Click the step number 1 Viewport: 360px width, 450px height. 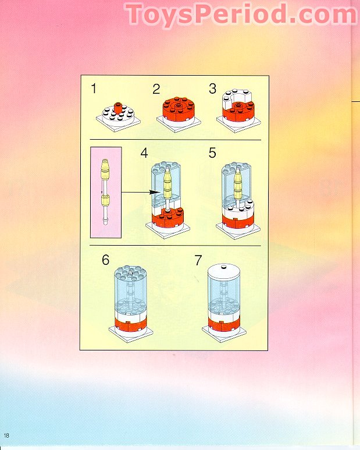(x=94, y=89)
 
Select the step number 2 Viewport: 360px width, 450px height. (x=156, y=89)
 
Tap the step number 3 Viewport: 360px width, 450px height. (x=212, y=89)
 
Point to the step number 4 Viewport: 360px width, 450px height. (x=144, y=153)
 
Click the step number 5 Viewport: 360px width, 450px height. (x=212, y=153)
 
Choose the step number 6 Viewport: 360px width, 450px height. (x=105, y=260)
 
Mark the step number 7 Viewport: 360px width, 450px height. (x=198, y=260)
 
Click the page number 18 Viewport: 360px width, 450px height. (x=6, y=436)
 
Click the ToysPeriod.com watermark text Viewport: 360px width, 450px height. (x=241, y=15)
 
